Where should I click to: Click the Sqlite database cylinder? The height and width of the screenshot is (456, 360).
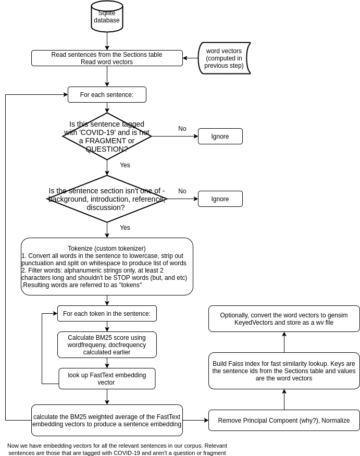pyautogui.click(x=107, y=16)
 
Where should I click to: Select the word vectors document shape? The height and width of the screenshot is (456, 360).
pyautogui.click(x=224, y=58)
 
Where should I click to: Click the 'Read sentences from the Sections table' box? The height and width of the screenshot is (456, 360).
pyautogui.click(x=107, y=58)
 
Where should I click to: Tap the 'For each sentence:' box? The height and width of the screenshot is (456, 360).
pyautogui.click(x=107, y=94)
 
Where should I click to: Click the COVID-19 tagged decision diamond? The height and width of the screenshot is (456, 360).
pyautogui.click(x=107, y=137)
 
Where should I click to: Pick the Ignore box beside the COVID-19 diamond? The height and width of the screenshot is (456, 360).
pyautogui.click(x=220, y=137)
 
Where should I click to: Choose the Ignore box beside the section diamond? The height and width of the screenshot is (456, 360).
pyautogui.click(x=220, y=199)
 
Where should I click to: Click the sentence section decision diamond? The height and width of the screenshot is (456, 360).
pyautogui.click(x=107, y=199)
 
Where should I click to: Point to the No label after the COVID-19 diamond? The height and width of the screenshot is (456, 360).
pyautogui.click(x=182, y=129)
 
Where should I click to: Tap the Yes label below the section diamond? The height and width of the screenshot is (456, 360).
pyautogui.click(x=125, y=228)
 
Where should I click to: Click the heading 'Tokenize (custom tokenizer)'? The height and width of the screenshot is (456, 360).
pyautogui.click(x=107, y=249)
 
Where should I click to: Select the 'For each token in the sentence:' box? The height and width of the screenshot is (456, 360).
pyautogui.click(x=107, y=314)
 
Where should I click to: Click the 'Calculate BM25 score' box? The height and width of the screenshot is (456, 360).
pyautogui.click(x=107, y=344)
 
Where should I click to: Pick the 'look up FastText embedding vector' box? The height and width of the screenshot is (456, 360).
pyautogui.click(x=107, y=379)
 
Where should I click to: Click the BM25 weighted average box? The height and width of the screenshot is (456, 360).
pyautogui.click(x=107, y=420)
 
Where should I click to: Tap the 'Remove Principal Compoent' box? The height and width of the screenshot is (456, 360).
pyautogui.click(x=284, y=420)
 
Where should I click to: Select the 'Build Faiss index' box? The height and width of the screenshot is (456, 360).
pyautogui.click(x=284, y=371)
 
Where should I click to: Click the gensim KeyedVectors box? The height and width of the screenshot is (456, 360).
pyautogui.click(x=284, y=319)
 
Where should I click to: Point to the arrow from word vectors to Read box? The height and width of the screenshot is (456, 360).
pyautogui.click(x=191, y=58)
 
